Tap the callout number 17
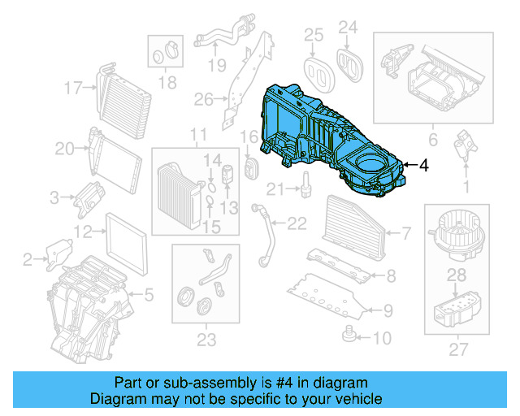pyautogui.click(x=74, y=87)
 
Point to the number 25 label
pyautogui.click(x=314, y=34)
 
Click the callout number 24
pyautogui.click(x=348, y=28)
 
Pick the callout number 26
pyautogui.click(x=203, y=100)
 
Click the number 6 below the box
pyautogui.click(x=433, y=139)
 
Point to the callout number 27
pyautogui.click(x=459, y=350)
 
